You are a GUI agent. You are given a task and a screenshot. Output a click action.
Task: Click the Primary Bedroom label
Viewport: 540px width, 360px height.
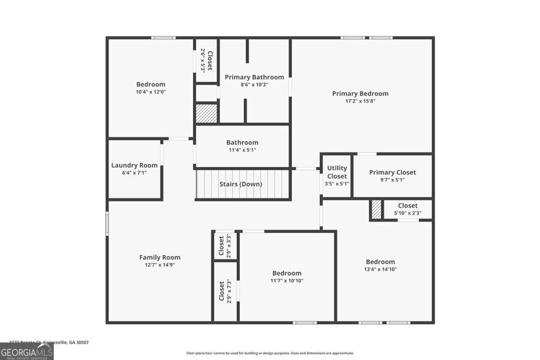pyautogui.click(x=360, y=93)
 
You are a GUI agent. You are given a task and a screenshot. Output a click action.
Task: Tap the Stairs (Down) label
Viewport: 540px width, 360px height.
pyautogui.click(x=240, y=184)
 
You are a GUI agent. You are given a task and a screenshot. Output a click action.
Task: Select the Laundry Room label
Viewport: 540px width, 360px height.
pyautogui.click(x=134, y=165)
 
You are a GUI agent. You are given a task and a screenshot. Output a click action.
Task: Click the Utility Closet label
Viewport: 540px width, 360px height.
pyautogui.click(x=337, y=172)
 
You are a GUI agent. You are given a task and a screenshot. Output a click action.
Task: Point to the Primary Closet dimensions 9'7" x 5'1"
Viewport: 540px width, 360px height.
pyautogui.click(x=392, y=180)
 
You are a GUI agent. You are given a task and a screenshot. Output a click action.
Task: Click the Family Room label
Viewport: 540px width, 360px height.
pyautogui.click(x=160, y=257)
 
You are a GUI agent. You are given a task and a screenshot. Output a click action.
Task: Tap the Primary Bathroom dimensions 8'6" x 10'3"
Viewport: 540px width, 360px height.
pyautogui.click(x=254, y=84)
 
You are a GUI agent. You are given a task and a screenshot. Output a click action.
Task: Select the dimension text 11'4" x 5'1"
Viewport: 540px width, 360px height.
pyautogui.click(x=242, y=150)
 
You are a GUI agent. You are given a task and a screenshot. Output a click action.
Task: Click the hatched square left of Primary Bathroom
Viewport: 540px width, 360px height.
pyautogui.click(x=206, y=113)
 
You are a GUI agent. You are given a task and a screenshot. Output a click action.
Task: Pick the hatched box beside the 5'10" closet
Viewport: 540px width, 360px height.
pyautogui.click(x=376, y=209)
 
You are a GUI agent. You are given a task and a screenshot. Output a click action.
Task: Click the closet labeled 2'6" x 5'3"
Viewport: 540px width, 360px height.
pyautogui.click(x=207, y=61)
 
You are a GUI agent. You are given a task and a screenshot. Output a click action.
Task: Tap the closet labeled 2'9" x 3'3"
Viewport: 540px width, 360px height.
pyautogui.click(x=225, y=245)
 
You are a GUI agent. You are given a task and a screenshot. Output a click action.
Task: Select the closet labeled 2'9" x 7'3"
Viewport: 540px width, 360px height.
pyautogui.click(x=225, y=291)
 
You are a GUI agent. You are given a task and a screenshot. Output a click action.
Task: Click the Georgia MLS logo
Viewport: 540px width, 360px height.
pyautogui.click(x=27, y=351)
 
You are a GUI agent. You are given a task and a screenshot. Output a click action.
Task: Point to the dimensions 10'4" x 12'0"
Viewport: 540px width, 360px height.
pyautogui.click(x=151, y=92)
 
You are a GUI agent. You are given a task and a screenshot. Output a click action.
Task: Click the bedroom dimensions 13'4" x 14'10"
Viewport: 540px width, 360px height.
pyautogui.click(x=380, y=269)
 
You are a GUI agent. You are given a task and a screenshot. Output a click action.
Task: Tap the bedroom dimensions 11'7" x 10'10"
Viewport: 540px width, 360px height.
pyautogui.click(x=287, y=280)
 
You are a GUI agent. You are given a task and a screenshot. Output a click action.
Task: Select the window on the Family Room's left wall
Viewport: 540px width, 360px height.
pyautogui.click(x=107, y=223)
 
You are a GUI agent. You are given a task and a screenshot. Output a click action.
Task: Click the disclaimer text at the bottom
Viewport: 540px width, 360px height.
pyautogui.click(x=270, y=353)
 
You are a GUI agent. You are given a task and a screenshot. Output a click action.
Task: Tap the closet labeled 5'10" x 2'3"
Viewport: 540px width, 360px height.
pyautogui.click(x=408, y=209)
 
